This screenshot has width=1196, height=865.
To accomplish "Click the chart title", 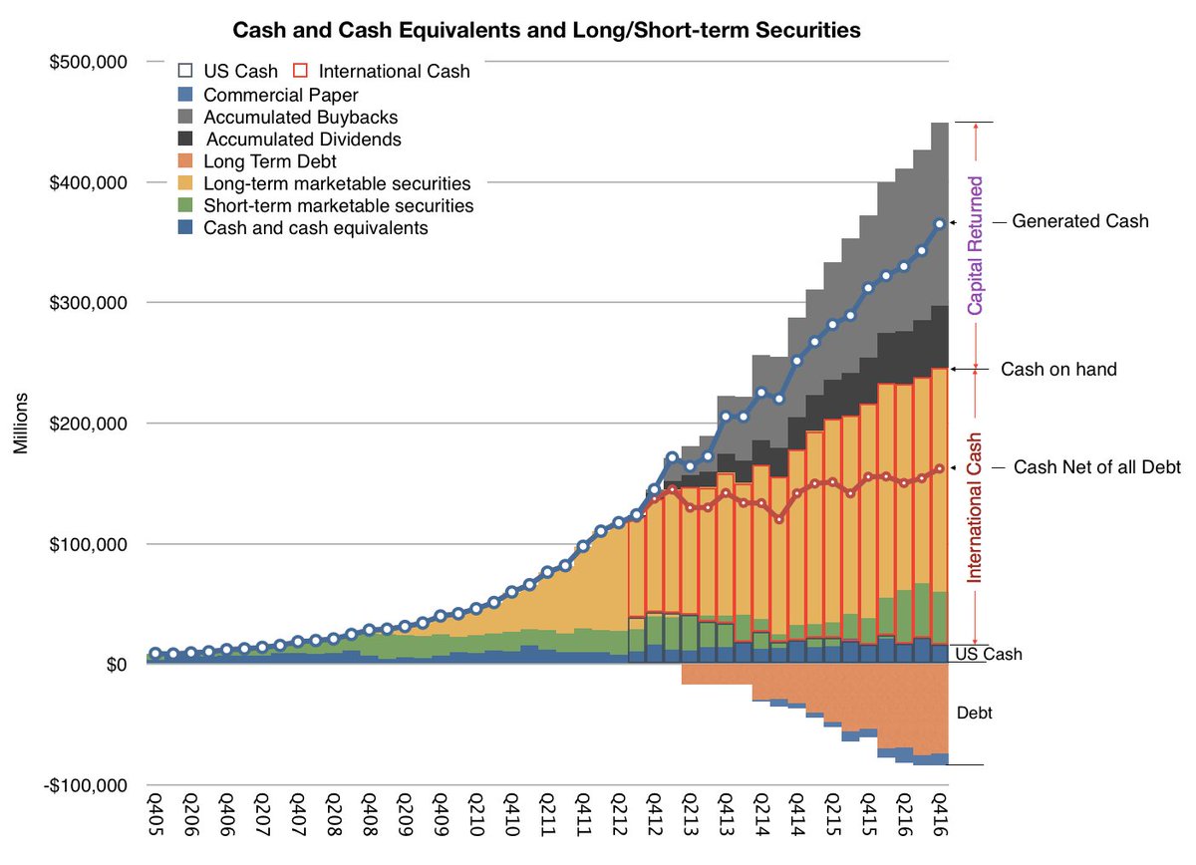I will (546, 31).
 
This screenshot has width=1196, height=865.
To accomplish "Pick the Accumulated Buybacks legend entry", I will (286, 118).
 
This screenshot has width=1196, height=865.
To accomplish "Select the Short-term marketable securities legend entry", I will (338, 205).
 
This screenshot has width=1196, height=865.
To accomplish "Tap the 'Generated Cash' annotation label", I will (1080, 222).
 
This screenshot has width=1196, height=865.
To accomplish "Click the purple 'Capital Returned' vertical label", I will (976, 246).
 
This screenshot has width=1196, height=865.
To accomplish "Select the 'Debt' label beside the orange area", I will (974, 715).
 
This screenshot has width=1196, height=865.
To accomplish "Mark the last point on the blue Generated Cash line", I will (939, 224).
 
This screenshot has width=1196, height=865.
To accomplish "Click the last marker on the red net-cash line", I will (939, 468).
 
